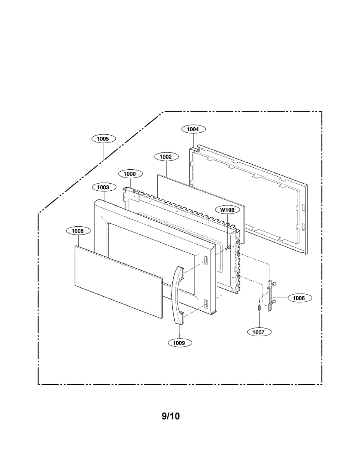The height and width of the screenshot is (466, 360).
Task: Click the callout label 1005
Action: [103, 139]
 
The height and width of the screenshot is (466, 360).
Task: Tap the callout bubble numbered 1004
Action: [193, 129]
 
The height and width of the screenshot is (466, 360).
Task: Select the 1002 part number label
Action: [166, 156]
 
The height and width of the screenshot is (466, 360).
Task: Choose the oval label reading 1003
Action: [103, 187]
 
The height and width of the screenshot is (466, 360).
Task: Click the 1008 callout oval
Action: [78, 231]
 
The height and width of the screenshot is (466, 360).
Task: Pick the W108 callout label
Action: [227, 210]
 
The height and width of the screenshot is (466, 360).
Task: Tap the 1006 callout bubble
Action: [299, 298]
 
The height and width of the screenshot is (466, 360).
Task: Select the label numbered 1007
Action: [259, 332]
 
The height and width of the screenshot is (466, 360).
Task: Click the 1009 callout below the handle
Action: [179, 343]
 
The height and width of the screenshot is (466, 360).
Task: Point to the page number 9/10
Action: [171, 416]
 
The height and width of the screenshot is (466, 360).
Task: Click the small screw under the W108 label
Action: [229, 247]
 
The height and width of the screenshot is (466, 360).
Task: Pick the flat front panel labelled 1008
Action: [118, 282]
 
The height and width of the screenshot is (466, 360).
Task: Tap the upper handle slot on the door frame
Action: [205, 261]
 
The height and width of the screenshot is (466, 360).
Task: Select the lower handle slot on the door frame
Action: [205, 304]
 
